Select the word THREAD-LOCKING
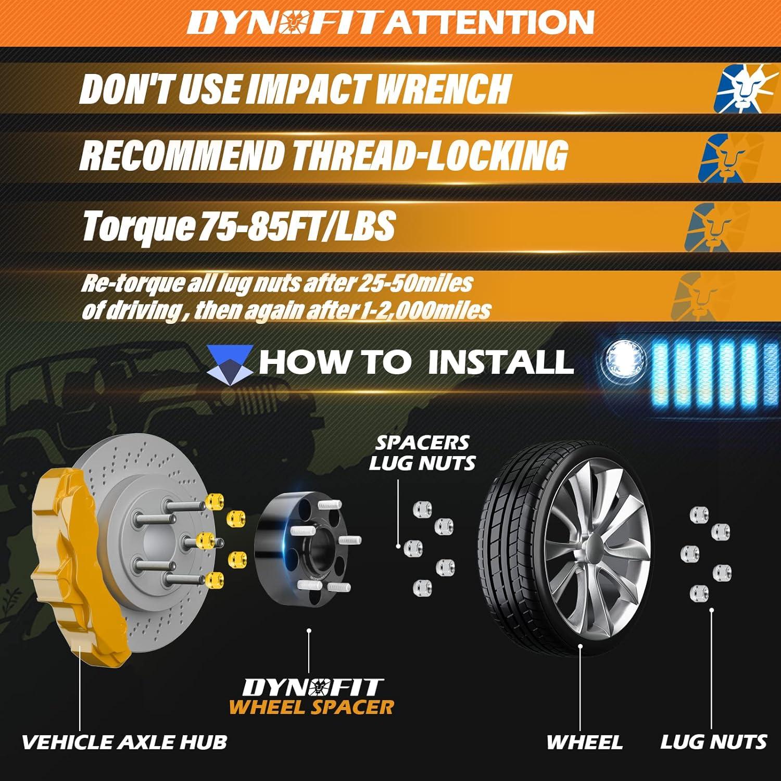[430, 155]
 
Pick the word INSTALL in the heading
[500, 361]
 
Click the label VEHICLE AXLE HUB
[124, 741]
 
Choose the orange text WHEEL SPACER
[311, 707]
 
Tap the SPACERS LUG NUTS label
[422, 452]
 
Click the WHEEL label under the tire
[584, 741]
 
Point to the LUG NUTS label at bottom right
[713, 741]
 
